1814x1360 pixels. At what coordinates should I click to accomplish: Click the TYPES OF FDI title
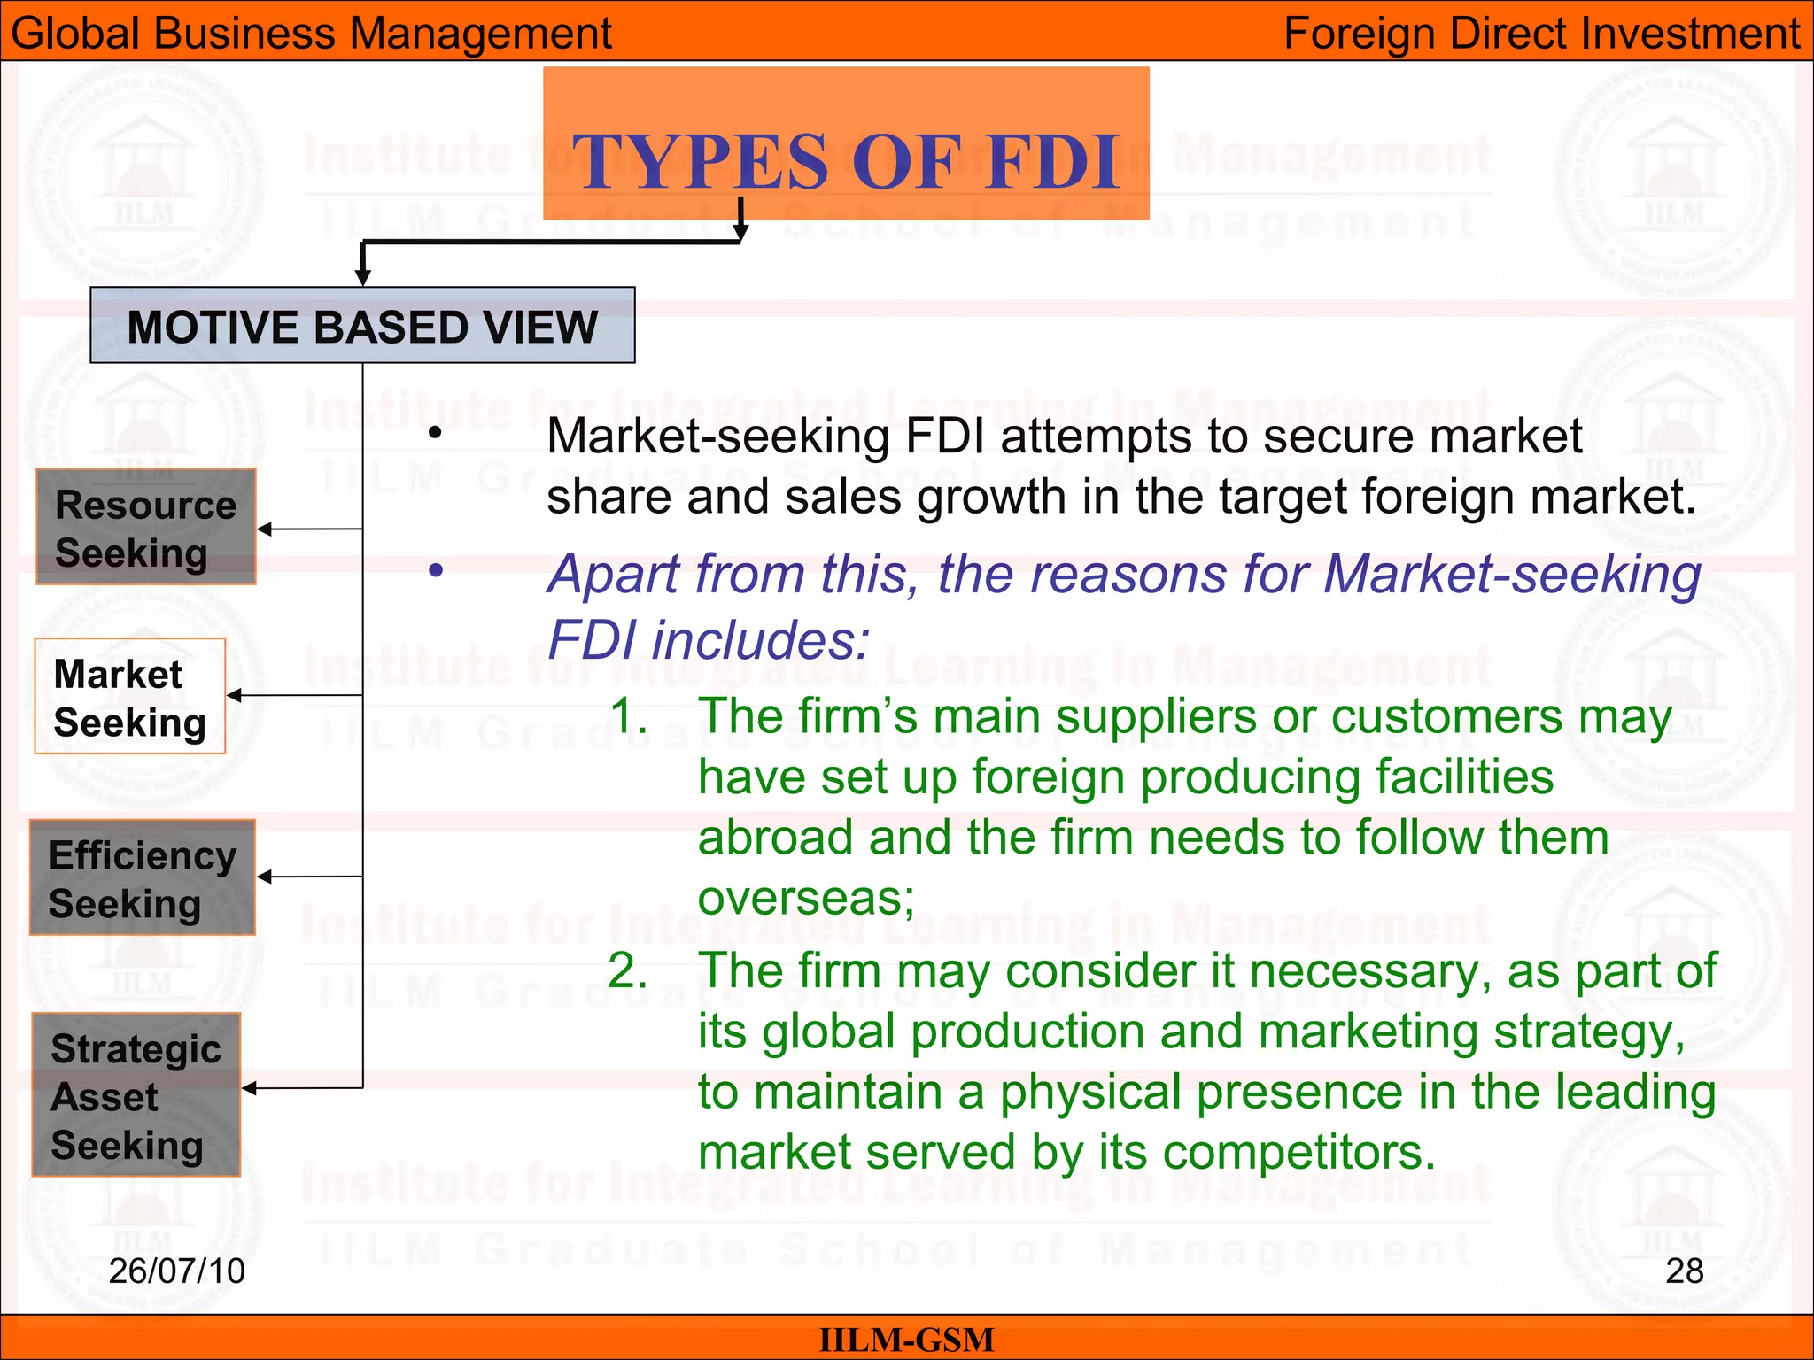click(x=846, y=160)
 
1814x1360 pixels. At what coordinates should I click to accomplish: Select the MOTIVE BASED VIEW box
click(x=362, y=326)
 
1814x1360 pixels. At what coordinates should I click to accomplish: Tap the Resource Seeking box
click(x=146, y=528)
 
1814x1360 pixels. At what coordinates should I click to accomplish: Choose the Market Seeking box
click(x=130, y=697)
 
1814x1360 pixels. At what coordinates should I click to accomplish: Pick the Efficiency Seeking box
click(x=143, y=877)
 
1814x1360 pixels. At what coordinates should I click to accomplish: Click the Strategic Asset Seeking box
click(x=136, y=1095)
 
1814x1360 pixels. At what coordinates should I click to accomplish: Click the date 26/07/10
click(x=176, y=1271)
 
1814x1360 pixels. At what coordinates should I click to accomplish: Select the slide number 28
click(x=1684, y=1271)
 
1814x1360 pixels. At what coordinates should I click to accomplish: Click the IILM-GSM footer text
click(x=906, y=1340)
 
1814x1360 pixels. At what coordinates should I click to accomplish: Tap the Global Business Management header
click(x=311, y=34)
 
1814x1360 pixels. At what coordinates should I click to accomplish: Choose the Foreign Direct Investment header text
click(x=1541, y=34)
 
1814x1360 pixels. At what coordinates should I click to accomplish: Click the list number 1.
click(x=629, y=715)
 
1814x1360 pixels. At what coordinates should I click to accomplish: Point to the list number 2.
click(x=628, y=971)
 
